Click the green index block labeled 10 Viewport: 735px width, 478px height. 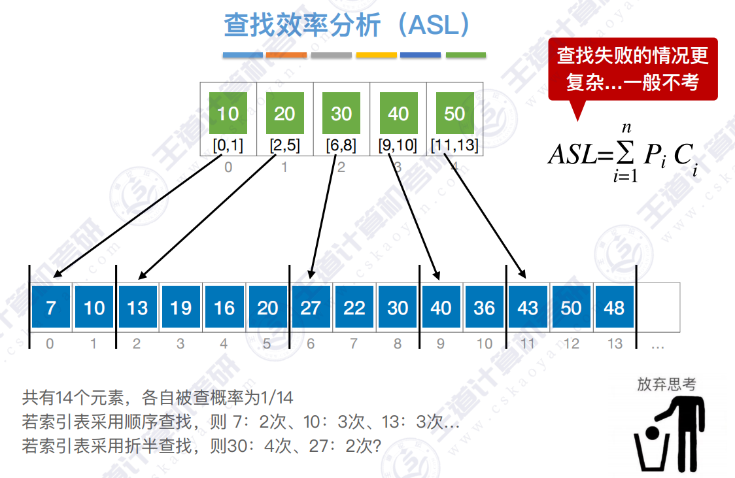[x=228, y=113]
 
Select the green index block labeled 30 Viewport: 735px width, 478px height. [x=341, y=113]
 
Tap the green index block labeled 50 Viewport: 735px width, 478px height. [x=454, y=113]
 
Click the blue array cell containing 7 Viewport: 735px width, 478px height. [x=51, y=307]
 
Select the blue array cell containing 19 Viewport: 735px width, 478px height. [x=181, y=307]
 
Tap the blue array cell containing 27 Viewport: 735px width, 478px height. [x=311, y=307]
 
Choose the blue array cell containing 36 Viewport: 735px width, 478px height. [x=485, y=307]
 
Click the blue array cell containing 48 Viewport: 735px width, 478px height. [x=614, y=307]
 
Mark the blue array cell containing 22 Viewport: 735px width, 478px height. [x=354, y=307]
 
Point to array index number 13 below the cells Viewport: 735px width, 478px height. [x=615, y=343]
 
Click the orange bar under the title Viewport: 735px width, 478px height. [x=286, y=56]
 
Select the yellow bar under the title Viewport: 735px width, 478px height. [x=376, y=56]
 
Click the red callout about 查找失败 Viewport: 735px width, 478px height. [x=632, y=69]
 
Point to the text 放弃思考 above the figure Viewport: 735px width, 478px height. [x=666, y=384]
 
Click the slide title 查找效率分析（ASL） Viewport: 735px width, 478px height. [x=347, y=26]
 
